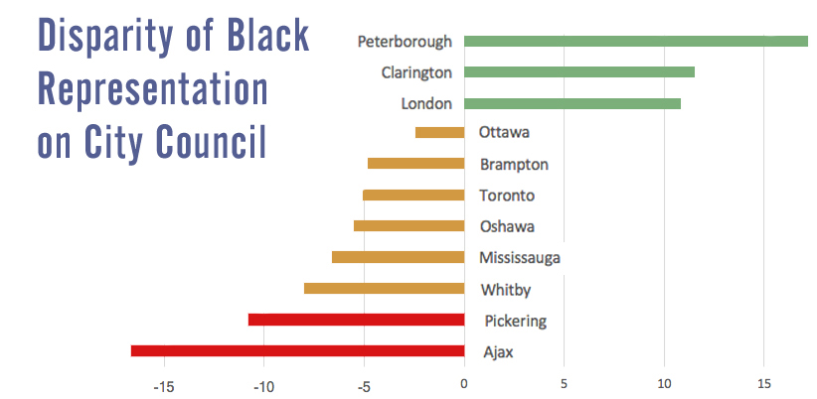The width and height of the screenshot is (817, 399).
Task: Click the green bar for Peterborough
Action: pos(636,41)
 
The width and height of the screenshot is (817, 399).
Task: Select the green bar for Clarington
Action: pos(578,71)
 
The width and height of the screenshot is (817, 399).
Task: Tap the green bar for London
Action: pos(572,103)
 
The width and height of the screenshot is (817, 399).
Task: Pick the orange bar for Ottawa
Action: pos(439,132)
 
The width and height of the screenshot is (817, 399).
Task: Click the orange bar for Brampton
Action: pos(415,164)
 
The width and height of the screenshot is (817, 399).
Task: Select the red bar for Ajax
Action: pos(297,351)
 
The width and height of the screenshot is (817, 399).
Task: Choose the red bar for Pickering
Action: pos(356,320)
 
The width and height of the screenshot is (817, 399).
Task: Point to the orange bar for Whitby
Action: pos(384,289)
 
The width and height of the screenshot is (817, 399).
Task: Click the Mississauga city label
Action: pos(520,258)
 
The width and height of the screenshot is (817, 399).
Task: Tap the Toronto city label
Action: pos(506,196)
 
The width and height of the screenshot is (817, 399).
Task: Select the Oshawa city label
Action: pos(506,226)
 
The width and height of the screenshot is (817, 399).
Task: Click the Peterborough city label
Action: pos(405,41)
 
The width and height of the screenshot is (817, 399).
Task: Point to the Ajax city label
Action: pos(498,351)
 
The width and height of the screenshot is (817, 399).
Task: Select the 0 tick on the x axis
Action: pos(464,384)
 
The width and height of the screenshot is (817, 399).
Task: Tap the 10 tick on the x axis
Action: pos(664,384)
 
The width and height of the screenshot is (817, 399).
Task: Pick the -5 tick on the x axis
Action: pos(364,384)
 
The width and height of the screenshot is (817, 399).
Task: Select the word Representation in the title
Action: pos(153,90)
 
